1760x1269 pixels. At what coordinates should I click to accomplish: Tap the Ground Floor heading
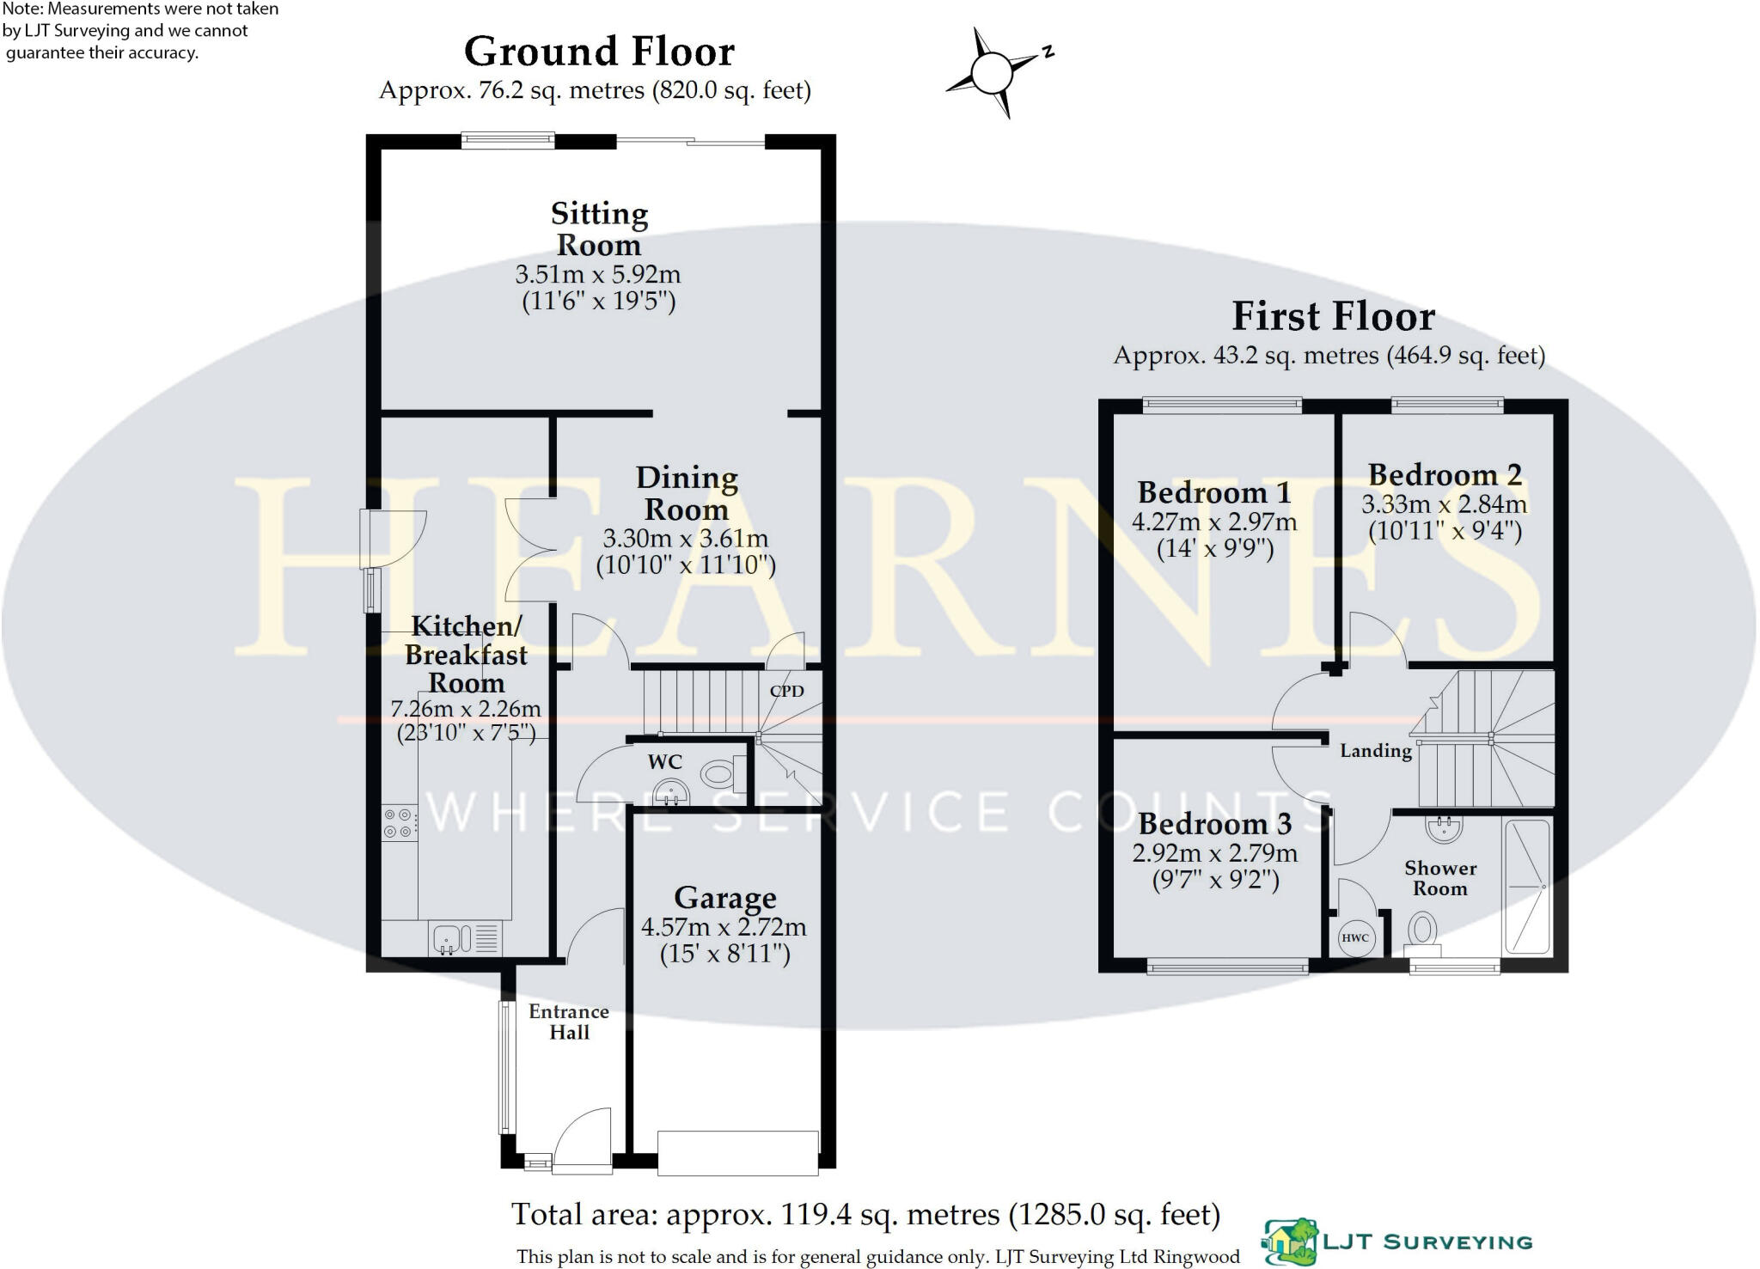click(599, 52)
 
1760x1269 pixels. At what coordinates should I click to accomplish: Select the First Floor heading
click(1333, 316)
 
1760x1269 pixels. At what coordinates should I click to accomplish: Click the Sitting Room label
click(599, 229)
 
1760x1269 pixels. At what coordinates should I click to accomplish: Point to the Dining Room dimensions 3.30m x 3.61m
click(686, 539)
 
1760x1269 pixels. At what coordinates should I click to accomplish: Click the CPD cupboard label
click(786, 691)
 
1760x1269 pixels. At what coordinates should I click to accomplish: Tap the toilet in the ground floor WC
click(724, 774)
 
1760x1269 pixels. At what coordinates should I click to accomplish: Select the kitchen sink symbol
click(465, 938)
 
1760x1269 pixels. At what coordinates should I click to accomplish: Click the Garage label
click(725, 898)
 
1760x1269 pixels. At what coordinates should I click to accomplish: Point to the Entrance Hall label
click(569, 1022)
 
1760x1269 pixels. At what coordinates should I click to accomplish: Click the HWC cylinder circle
click(1355, 937)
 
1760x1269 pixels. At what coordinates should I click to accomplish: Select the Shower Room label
click(1440, 878)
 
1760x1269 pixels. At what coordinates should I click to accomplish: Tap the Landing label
click(1376, 751)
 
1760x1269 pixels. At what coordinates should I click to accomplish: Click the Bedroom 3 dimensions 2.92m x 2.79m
click(1215, 853)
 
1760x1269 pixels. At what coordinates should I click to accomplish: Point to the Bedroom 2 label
click(1445, 474)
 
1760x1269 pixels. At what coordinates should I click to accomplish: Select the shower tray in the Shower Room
click(1526, 888)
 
